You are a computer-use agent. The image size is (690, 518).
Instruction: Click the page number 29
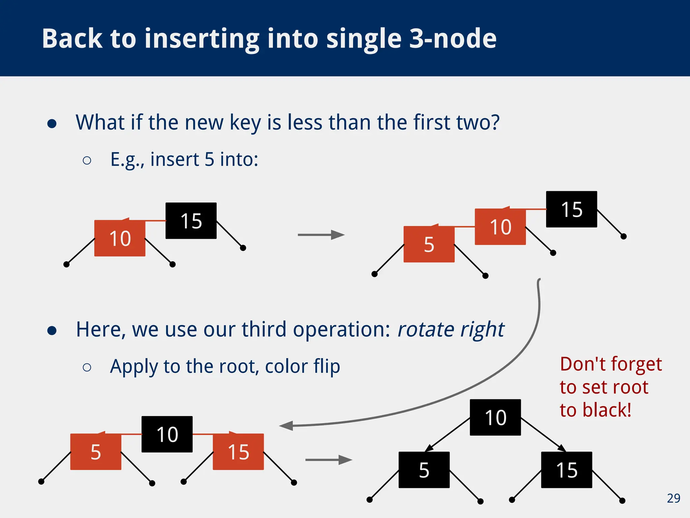(x=673, y=498)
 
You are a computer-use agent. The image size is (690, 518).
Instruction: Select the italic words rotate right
(x=451, y=329)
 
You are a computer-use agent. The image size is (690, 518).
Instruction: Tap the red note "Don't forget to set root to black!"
(x=610, y=387)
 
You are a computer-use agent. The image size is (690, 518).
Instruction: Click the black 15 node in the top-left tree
(x=191, y=221)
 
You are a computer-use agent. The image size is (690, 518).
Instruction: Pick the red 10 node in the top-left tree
(x=120, y=238)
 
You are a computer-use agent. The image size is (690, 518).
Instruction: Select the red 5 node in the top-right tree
(x=429, y=244)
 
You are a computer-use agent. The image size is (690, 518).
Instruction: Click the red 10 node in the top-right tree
(x=500, y=227)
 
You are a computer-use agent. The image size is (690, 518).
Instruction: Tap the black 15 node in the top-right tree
(x=571, y=209)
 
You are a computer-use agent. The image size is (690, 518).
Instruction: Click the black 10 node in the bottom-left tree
(x=167, y=434)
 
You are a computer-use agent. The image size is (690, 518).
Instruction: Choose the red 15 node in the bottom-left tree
(x=238, y=452)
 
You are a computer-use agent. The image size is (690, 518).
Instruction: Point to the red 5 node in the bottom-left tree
(x=96, y=452)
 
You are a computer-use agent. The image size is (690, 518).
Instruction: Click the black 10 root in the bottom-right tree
(x=495, y=418)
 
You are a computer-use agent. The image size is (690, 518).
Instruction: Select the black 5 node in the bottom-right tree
(x=424, y=470)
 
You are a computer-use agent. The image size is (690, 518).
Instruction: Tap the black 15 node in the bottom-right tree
(x=566, y=470)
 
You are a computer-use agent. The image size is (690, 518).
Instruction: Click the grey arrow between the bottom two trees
(x=328, y=460)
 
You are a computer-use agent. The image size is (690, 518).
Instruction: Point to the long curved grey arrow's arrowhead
(x=286, y=426)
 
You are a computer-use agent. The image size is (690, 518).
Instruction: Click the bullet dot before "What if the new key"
(x=52, y=124)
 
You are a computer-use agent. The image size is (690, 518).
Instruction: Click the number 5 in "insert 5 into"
(x=209, y=159)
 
